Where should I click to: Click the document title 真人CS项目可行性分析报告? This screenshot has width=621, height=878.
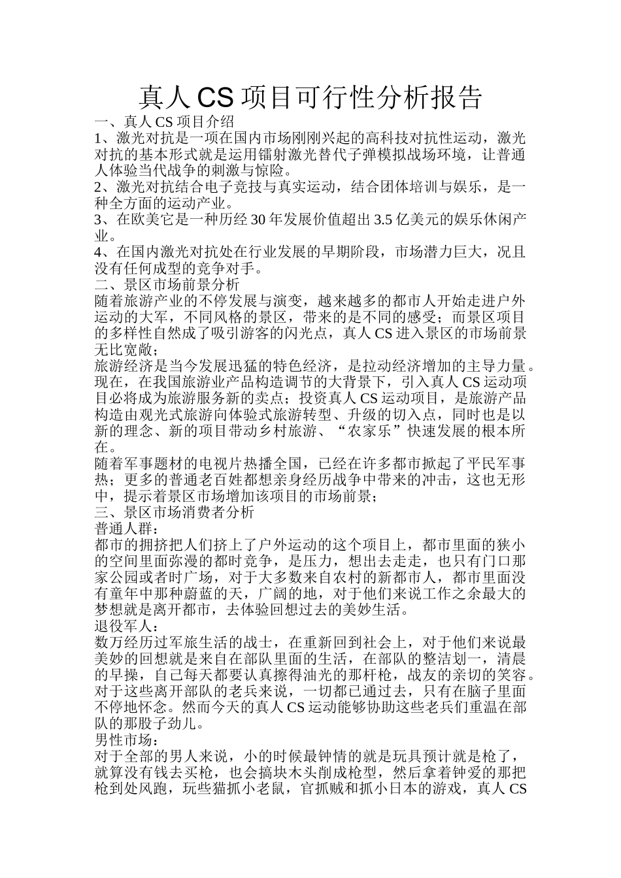pyautogui.click(x=310, y=97)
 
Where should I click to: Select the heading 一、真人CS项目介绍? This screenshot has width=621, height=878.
pyautogui.click(x=164, y=122)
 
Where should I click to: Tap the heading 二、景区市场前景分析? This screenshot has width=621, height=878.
pyautogui.click(x=167, y=285)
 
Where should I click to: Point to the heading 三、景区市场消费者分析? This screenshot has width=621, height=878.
pyautogui.click(x=175, y=512)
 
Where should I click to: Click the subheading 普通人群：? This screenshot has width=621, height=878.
pyautogui.click(x=127, y=528)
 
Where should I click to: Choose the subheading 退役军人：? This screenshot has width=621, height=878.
pyautogui.click(x=127, y=625)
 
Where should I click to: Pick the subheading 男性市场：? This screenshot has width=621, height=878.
pyautogui.click(x=127, y=740)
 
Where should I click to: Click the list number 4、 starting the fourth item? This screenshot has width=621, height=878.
pyautogui.click(x=101, y=252)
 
